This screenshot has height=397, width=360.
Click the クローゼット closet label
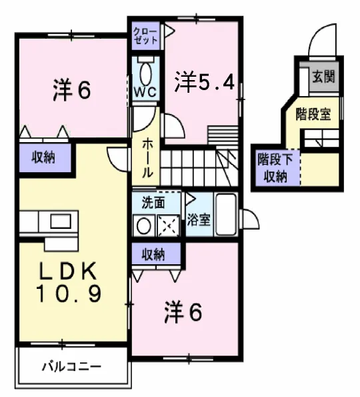point(145,35)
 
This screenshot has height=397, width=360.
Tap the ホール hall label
point(147,157)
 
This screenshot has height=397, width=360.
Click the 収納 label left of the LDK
point(41,157)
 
